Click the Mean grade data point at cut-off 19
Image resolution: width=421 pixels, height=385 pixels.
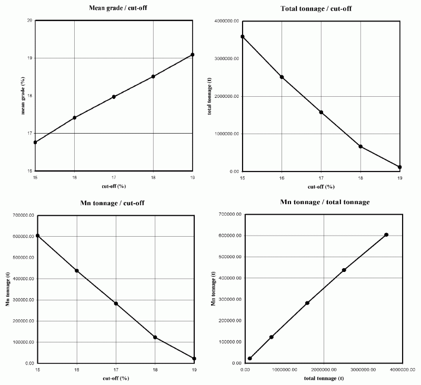click(193, 55)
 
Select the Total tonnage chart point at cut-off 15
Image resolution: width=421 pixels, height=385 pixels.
click(243, 36)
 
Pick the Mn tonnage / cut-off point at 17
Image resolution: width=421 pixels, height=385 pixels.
click(116, 303)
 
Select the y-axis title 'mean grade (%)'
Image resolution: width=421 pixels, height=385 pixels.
click(23, 96)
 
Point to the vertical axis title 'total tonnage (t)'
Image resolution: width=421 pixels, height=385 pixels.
click(210, 96)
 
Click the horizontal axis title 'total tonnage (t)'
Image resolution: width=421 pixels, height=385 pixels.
click(323, 378)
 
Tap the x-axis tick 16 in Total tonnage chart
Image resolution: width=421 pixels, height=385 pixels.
click(282, 179)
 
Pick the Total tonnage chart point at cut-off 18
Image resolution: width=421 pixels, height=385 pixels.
click(360, 146)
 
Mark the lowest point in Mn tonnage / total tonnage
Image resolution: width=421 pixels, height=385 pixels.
click(249, 359)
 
